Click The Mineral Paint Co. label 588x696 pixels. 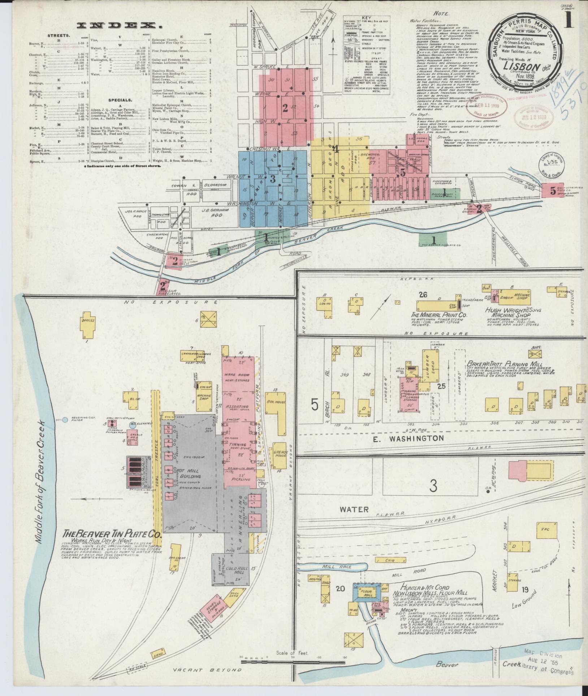point(438,315)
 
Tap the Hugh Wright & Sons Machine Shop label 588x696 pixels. point(513,313)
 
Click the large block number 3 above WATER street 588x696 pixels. point(433,486)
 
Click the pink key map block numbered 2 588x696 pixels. point(285,107)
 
